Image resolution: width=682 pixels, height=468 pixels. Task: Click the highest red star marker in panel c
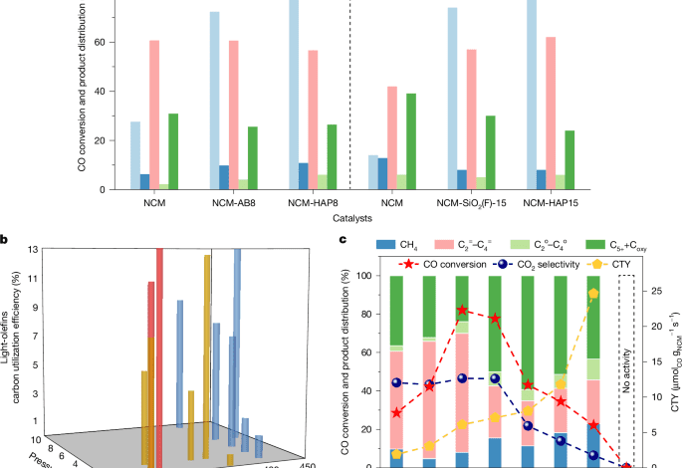[x=463, y=311]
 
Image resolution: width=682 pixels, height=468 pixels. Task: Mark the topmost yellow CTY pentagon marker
[x=593, y=294]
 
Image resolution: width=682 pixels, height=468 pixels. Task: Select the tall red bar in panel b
[x=158, y=358]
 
